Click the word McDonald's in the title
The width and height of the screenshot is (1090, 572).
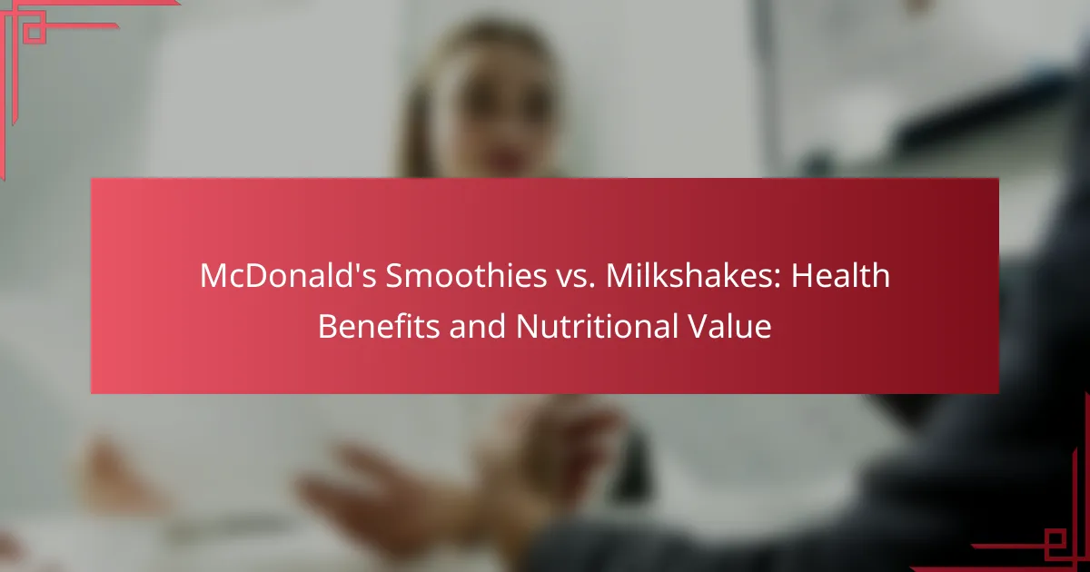click(288, 275)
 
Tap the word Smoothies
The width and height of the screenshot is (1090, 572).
click(466, 275)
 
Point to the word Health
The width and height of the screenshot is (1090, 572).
click(841, 275)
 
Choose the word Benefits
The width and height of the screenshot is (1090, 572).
click(379, 326)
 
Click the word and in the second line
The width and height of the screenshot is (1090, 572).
click(478, 326)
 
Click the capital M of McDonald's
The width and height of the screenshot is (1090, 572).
click(214, 276)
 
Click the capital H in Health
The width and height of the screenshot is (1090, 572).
click(802, 276)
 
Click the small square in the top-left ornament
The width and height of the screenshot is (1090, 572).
click(35, 32)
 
